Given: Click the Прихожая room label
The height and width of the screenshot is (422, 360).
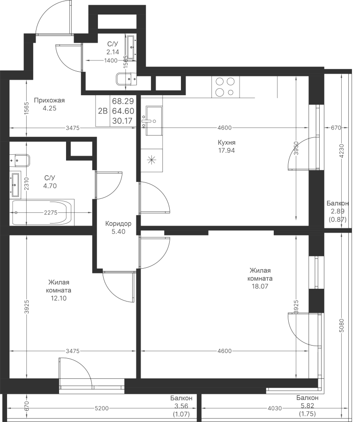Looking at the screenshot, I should tap(50, 100).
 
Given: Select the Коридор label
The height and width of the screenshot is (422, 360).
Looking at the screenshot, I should tap(118, 224).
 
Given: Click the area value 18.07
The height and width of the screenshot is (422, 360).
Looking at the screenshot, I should tap(260, 286).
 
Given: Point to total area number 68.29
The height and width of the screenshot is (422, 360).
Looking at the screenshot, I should tap(122, 101).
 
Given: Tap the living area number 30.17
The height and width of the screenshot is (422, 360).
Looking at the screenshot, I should tap(122, 121).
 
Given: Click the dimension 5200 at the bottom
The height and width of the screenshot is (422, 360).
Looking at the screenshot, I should tap(101, 408).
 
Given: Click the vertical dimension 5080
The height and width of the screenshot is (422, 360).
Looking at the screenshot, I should tap(341, 325).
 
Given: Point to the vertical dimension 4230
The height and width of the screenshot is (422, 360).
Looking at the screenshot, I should tap(341, 151).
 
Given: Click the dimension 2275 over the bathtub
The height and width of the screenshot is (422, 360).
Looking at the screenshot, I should tap(51, 212).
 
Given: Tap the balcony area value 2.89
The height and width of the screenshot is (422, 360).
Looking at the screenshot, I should tap(337, 211).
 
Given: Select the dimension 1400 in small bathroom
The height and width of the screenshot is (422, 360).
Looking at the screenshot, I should tap(111, 60).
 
